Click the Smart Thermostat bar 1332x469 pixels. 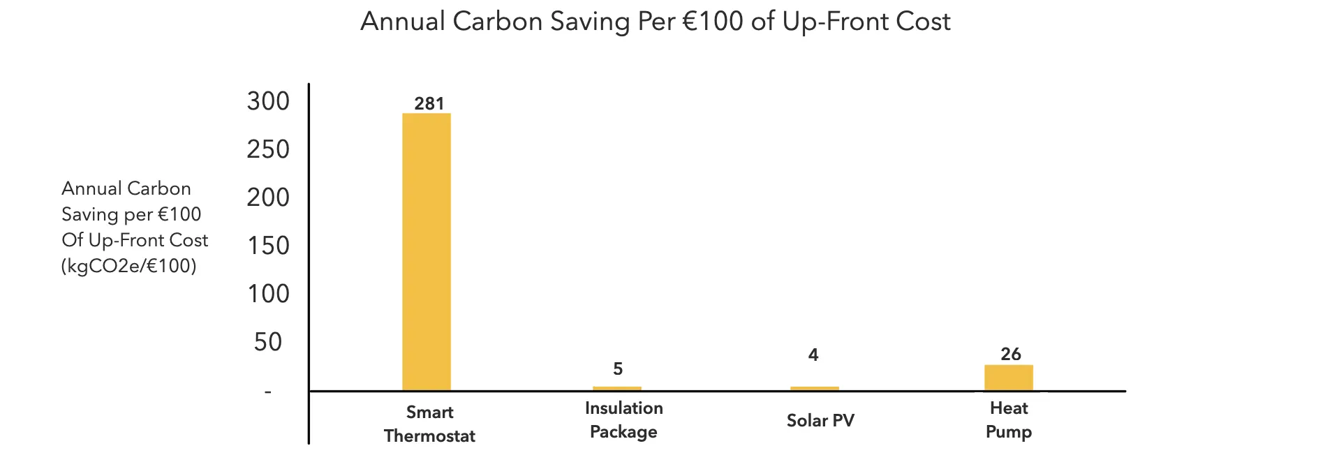point(426,251)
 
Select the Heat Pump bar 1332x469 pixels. point(1008,378)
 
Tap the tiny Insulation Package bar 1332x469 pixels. point(616,388)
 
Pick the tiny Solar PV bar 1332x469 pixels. point(814,388)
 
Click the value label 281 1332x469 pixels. point(429,103)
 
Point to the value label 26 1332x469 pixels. point(1010,354)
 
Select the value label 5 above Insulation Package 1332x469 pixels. point(617,368)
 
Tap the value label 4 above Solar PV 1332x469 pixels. point(813,355)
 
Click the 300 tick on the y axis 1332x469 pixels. point(268,101)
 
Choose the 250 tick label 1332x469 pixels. point(268,149)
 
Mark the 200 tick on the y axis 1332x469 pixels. point(268,198)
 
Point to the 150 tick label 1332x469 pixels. point(268,246)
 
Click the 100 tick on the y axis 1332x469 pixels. point(268,294)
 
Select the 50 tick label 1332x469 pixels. point(268,342)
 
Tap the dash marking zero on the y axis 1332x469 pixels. point(267,392)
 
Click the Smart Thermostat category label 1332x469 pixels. point(429,424)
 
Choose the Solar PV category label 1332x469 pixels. point(820,420)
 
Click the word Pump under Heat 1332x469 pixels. point(1008,432)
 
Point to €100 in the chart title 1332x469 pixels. point(713,22)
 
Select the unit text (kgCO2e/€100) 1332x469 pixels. point(129,266)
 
